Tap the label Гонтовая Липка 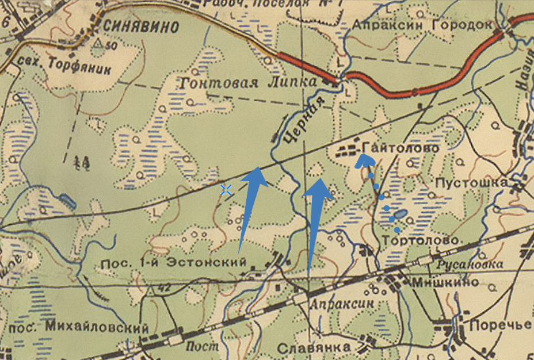pyautogui.click(x=248, y=82)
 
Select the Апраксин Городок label pyautogui.click(x=423, y=26)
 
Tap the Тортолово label pyautogui.click(x=422, y=239)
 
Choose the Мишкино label pyautogui.click(x=446, y=282)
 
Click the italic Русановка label pyautogui.click(x=471, y=265)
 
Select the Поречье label pyautogui.click(x=499, y=325)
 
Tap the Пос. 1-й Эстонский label pyautogui.click(x=173, y=262)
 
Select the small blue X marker pyautogui.click(x=226, y=190)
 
